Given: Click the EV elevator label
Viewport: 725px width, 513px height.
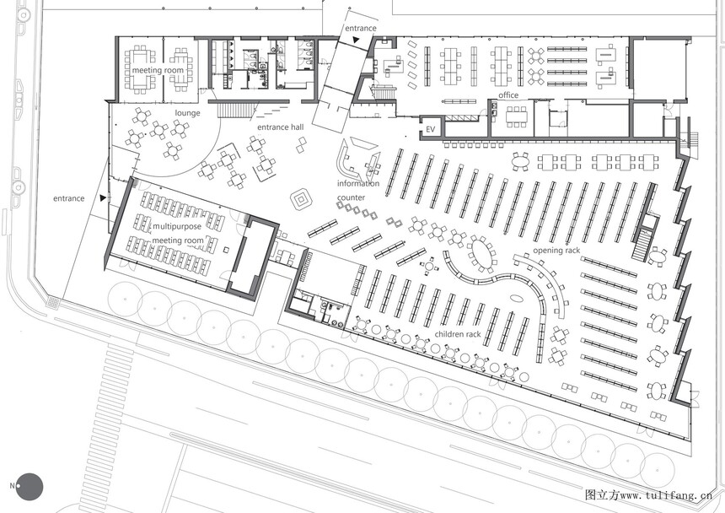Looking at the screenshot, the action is [x=431, y=129].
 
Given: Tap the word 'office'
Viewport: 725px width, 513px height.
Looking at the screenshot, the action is [x=508, y=95].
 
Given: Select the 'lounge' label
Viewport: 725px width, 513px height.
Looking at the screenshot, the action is [x=187, y=113].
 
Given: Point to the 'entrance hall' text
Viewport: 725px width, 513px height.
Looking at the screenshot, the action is [x=280, y=127].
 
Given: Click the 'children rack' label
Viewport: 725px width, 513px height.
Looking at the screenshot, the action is [x=458, y=334].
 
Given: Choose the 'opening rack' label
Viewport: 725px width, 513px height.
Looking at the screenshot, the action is [x=556, y=251].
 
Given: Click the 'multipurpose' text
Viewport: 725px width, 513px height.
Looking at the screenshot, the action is [x=177, y=226].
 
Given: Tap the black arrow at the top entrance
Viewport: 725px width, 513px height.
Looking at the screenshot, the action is [x=355, y=40].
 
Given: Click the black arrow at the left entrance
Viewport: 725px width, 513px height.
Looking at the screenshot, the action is [x=103, y=198].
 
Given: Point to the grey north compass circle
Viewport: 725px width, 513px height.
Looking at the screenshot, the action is [x=30, y=487].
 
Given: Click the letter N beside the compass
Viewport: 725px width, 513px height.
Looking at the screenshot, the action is [x=12, y=486].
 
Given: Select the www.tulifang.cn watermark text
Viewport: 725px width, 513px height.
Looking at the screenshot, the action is [x=666, y=495].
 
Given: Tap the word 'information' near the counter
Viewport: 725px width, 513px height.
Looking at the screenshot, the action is [x=358, y=183].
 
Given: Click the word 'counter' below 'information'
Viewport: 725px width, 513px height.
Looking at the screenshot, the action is [x=351, y=197].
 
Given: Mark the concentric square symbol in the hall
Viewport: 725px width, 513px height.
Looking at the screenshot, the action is [x=303, y=199].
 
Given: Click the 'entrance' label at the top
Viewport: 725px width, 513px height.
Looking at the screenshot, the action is [x=361, y=28].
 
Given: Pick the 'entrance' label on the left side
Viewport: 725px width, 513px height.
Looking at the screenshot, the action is [x=69, y=198].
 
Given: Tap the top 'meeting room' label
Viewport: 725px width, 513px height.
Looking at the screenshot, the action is [x=158, y=70].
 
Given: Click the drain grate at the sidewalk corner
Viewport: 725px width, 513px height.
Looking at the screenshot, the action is [x=54, y=302].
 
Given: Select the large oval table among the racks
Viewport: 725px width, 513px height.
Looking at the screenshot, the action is [x=481, y=254].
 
